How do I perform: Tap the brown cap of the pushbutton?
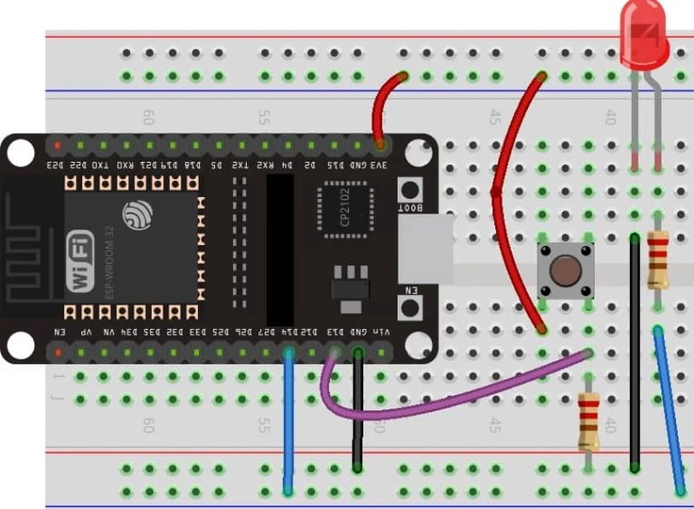tap(566, 269)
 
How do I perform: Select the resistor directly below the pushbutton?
tap(589, 420)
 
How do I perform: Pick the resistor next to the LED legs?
tap(658, 259)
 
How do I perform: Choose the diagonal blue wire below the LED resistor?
tap(670, 411)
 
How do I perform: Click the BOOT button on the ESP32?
tap(411, 191)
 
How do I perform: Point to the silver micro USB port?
tap(426, 249)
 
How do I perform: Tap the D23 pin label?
tap(56, 165)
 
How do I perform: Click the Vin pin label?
tap(381, 332)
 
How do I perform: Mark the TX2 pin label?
tap(240, 165)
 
